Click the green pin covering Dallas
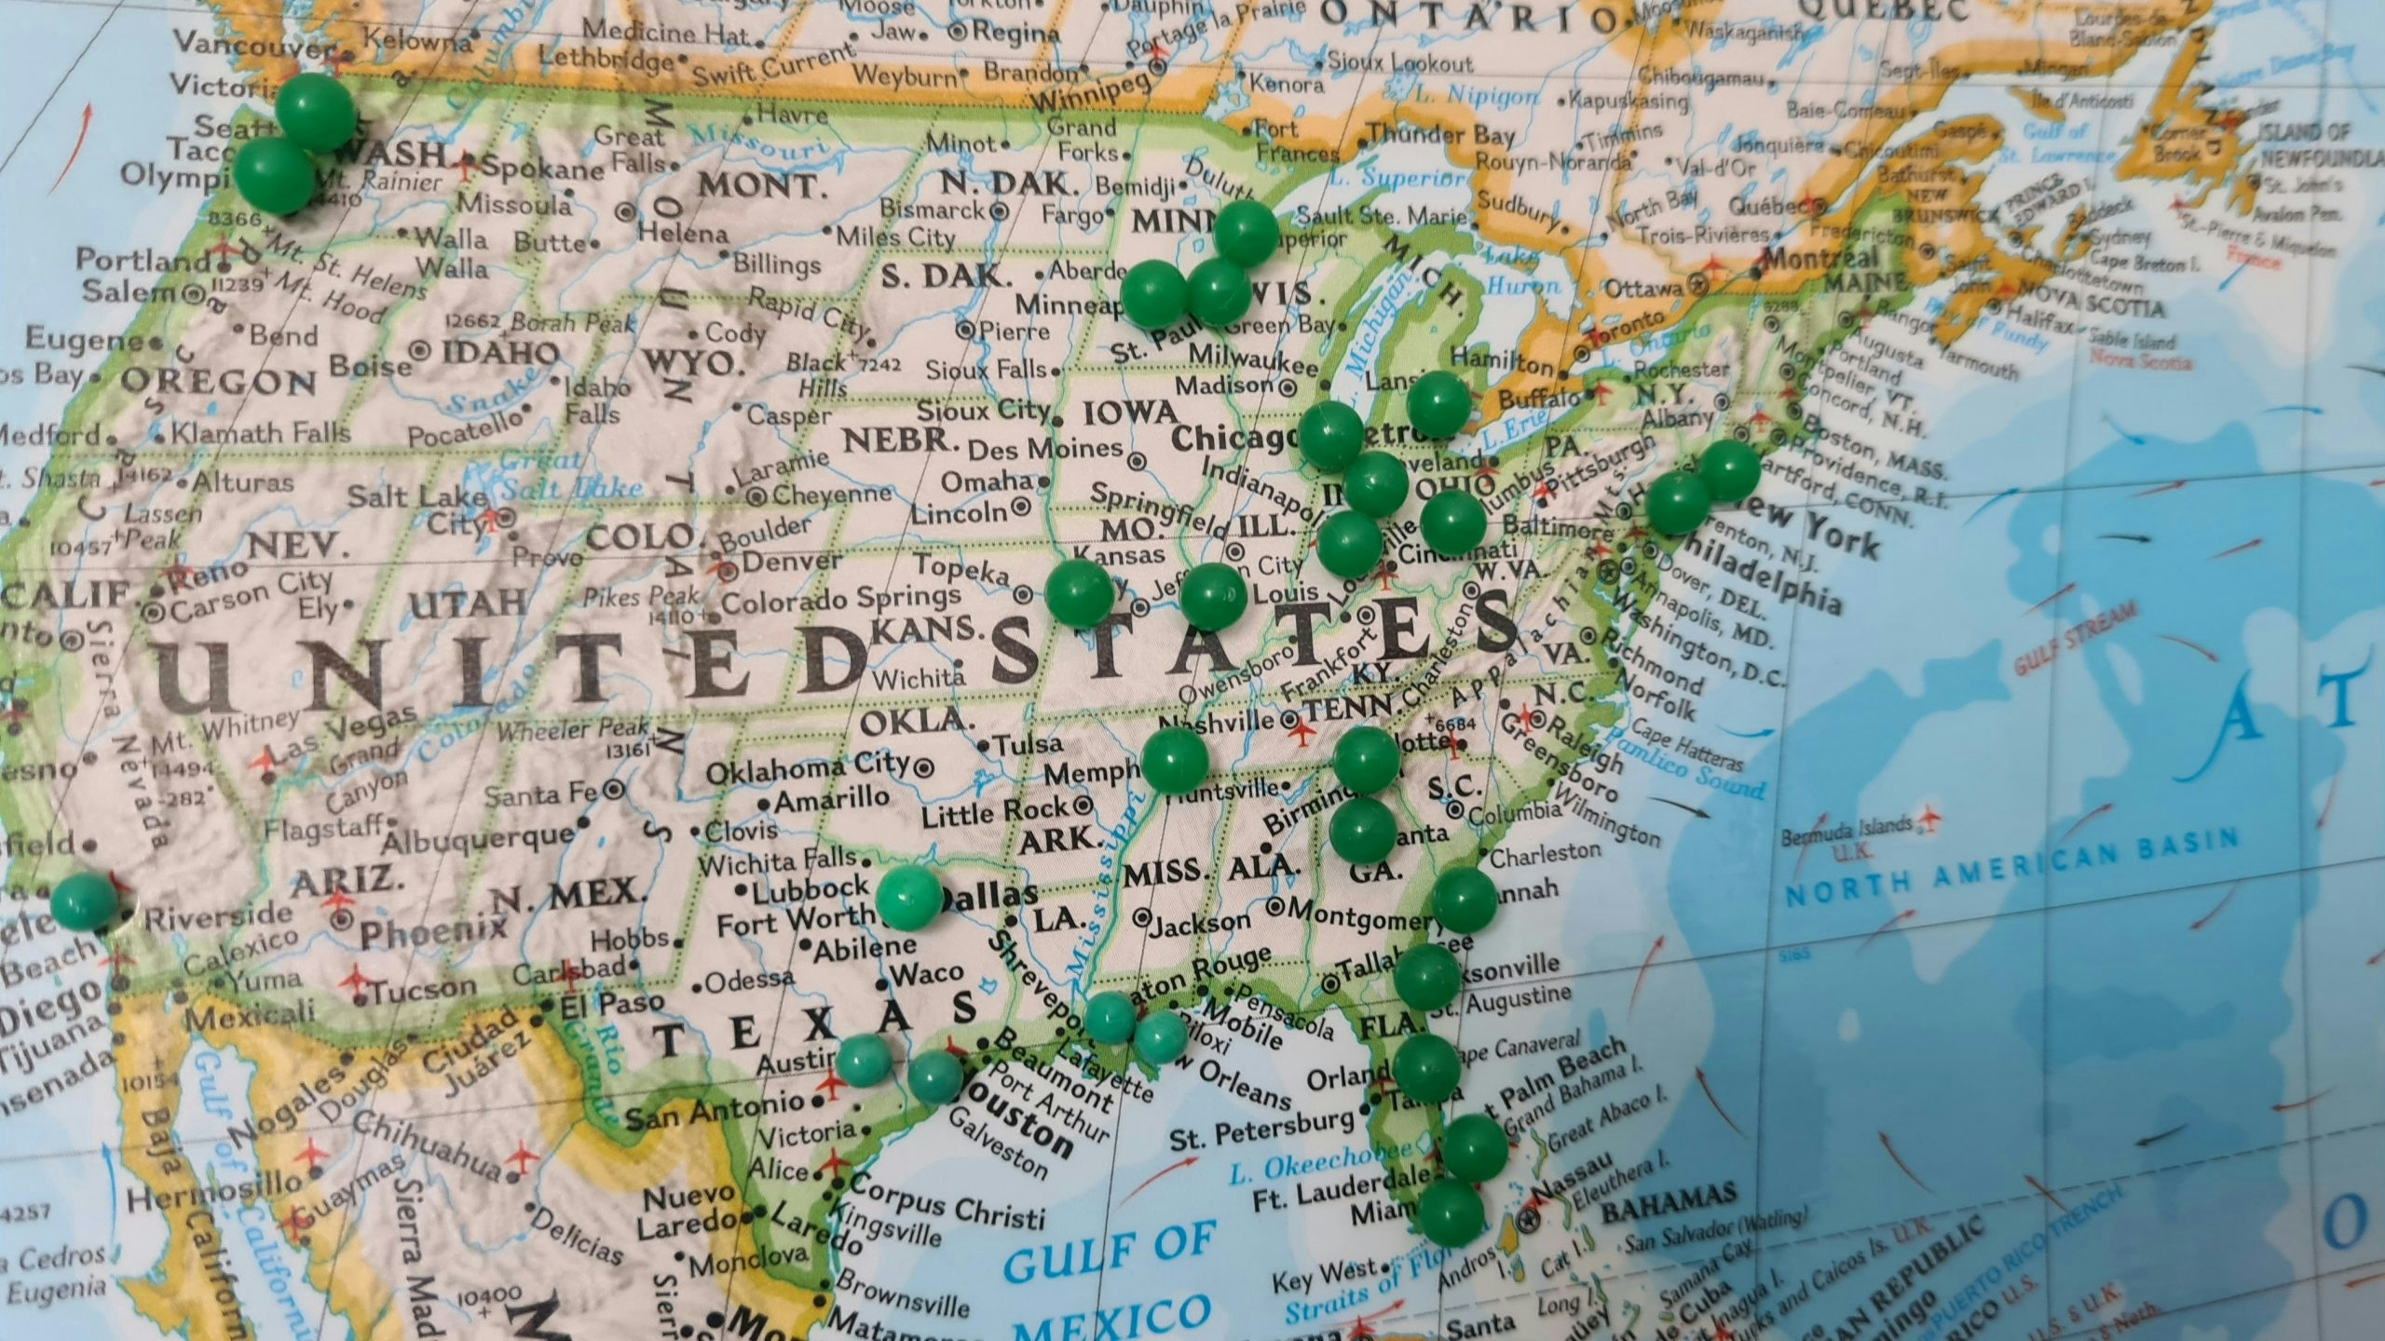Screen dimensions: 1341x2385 pyautogui.click(x=909, y=899)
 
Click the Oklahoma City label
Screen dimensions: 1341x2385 pyautogui.click(x=807, y=769)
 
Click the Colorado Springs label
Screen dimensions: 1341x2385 pyautogui.click(x=841, y=599)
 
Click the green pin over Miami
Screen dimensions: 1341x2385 pyautogui.click(x=1451, y=1212)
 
